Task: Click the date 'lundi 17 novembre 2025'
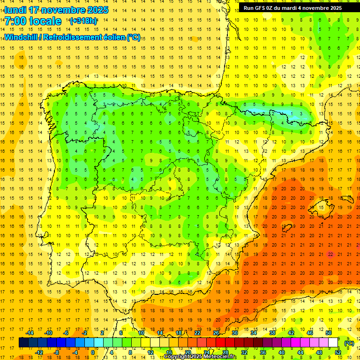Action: point(56,10)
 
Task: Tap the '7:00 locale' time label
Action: point(33,21)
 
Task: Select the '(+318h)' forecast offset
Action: point(83,21)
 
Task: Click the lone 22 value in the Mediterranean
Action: point(331,254)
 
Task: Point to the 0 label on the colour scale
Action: point(93,352)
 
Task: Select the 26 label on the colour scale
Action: point(216,333)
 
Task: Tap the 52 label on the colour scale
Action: point(338,352)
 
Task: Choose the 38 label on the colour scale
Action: point(272,333)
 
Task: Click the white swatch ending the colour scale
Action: point(333,343)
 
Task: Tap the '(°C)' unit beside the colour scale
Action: point(349,343)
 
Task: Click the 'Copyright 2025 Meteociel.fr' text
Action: point(200,357)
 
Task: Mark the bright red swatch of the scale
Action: point(220,343)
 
